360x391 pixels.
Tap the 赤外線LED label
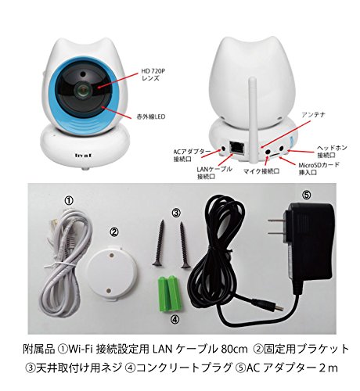click(151, 117)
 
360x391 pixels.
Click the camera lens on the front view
click(81, 91)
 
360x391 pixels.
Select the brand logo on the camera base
click(83, 156)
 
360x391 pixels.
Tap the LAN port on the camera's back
click(237, 148)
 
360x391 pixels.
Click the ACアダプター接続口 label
click(191, 156)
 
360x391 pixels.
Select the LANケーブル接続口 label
click(214, 172)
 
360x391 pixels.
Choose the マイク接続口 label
click(261, 171)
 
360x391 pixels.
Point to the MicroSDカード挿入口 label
click(319, 169)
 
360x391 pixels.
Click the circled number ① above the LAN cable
click(69, 200)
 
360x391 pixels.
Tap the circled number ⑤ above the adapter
click(307, 194)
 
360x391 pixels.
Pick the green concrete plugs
click(169, 293)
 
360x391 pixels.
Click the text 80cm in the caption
click(234, 350)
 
